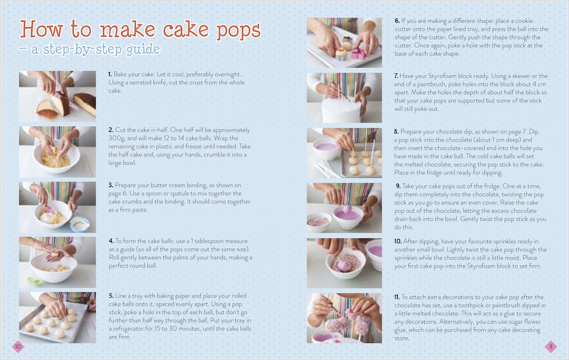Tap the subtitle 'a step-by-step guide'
point(96,49)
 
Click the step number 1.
point(110,75)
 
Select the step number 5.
point(111,296)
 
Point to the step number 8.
point(396,131)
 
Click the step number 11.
point(397,297)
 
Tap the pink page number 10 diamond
point(18,346)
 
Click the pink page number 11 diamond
point(550,346)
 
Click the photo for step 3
point(57,207)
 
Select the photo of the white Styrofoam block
point(344,98)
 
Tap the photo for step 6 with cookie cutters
point(344,43)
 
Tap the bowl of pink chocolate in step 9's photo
point(348,217)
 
